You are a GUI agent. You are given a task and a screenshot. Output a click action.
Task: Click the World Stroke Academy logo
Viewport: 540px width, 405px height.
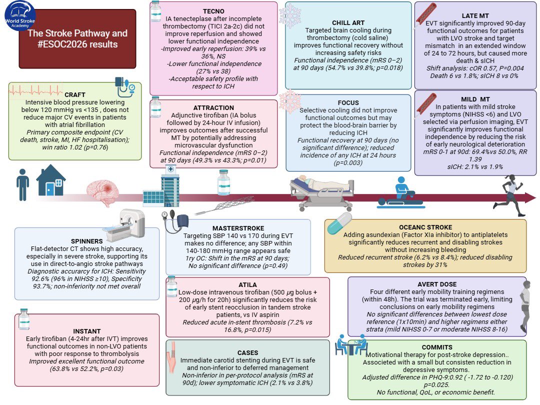point(19,15)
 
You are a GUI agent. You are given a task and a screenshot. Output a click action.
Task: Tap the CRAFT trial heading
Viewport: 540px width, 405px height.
point(74,94)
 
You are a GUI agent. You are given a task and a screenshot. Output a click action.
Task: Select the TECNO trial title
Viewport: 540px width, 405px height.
point(213,11)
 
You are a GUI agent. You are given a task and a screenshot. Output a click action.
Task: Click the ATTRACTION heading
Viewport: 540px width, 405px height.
point(213,108)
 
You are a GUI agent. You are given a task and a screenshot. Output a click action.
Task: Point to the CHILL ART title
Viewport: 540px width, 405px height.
point(348,22)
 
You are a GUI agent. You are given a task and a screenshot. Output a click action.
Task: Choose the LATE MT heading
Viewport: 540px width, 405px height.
point(475,16)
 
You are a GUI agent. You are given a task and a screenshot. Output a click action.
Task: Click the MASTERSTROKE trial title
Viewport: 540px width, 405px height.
point(238,228)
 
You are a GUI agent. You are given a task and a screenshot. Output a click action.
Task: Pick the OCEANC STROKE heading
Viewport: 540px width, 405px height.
point(425,227)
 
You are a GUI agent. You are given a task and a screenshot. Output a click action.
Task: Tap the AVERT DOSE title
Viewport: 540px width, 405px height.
point(437,284)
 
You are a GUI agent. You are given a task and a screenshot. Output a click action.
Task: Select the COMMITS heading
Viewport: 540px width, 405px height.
point(437,347)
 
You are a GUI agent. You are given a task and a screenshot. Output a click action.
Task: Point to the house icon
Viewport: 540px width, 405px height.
point(51,180)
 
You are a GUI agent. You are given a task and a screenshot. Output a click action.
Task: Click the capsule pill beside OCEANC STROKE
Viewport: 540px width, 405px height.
point(339,223)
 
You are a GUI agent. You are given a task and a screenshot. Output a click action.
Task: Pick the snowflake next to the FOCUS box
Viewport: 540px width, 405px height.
point(290,101)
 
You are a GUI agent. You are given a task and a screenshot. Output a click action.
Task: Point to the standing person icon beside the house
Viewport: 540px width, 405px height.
point(22,184)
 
